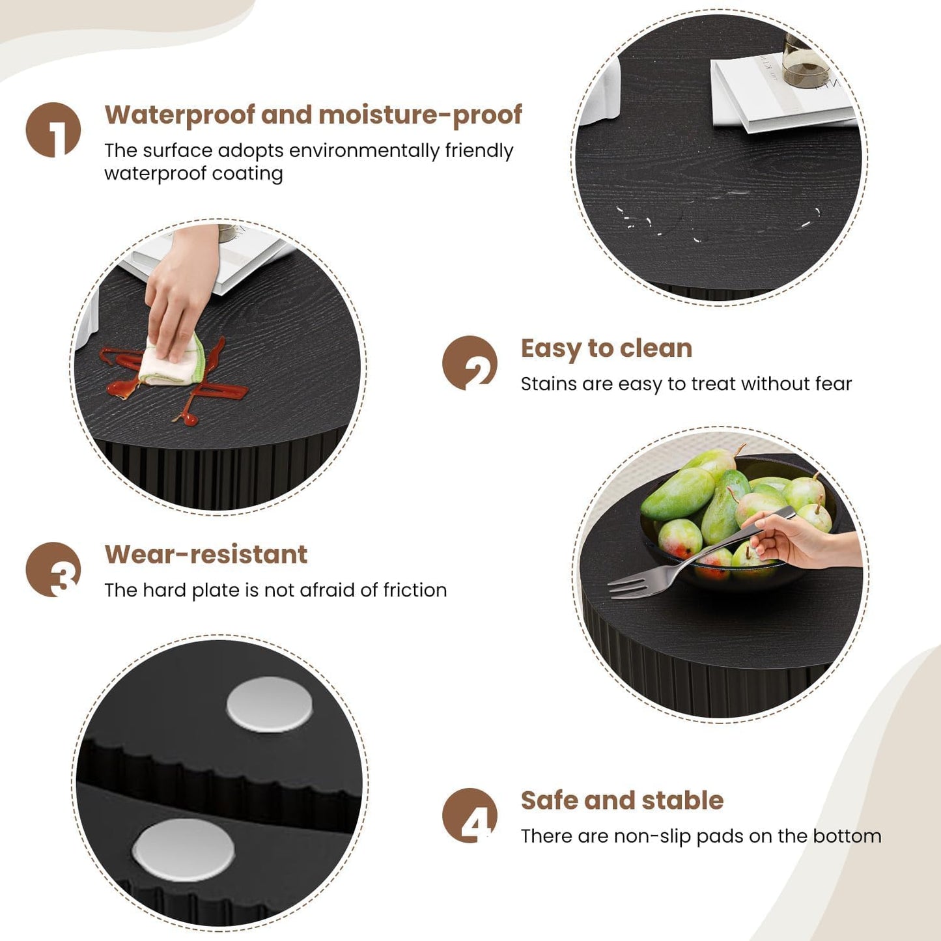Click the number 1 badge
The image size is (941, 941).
(53, 130)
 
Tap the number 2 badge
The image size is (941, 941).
(470, 363)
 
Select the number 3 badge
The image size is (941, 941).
(53, 570)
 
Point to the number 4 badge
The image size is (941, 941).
(470, 815)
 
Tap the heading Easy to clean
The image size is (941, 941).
(606, 348)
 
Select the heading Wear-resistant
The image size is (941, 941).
(206, 555)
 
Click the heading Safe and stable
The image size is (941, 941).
(622, 800)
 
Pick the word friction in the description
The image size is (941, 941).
(415, 590)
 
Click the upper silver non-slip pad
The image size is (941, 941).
(270, 704)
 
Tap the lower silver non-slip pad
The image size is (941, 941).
(183, 850)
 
